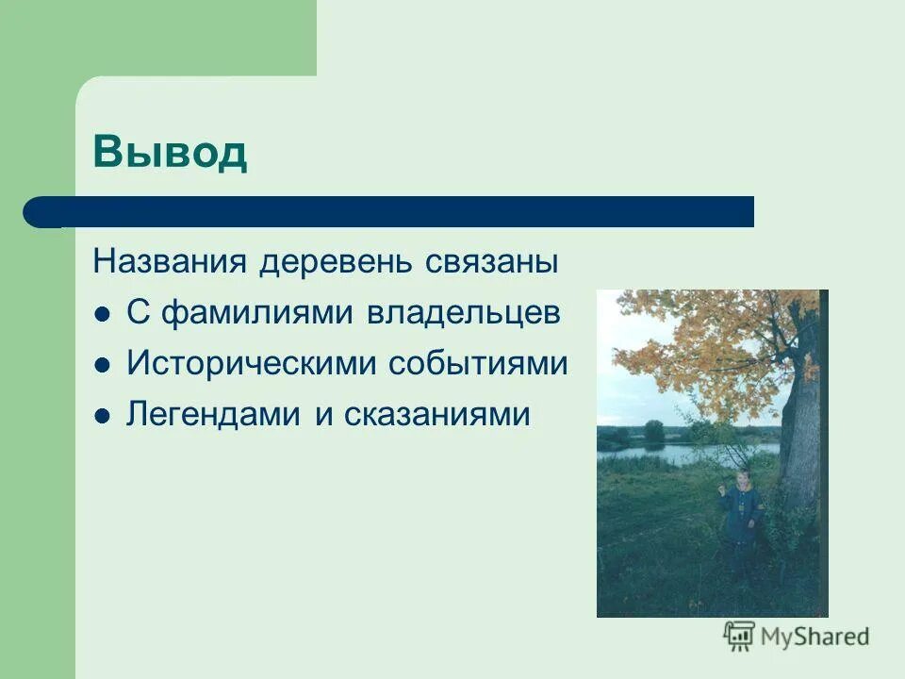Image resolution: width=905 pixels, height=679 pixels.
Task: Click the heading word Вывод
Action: tap(170, 153)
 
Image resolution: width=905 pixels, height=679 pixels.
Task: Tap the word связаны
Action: tap(500, 261)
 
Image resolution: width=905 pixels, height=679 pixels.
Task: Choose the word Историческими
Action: tap(252, 364)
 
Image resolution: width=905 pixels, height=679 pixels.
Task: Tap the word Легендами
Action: tap(216, 415)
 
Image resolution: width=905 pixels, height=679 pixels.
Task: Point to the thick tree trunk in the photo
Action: tap(801, 424)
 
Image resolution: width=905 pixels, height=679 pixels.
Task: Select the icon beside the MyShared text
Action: tap(740, 636)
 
